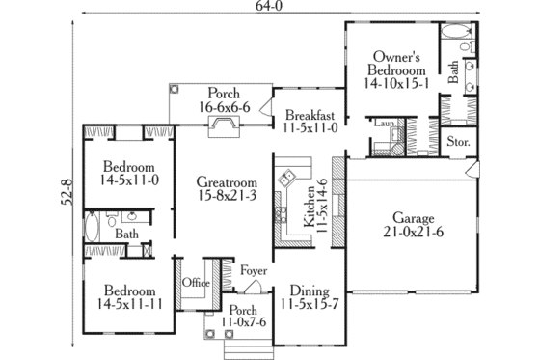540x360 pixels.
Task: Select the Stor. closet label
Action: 458,143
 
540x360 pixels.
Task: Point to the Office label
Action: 197,282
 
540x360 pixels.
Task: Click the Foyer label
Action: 254,271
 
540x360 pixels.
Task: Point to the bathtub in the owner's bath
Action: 452,44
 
